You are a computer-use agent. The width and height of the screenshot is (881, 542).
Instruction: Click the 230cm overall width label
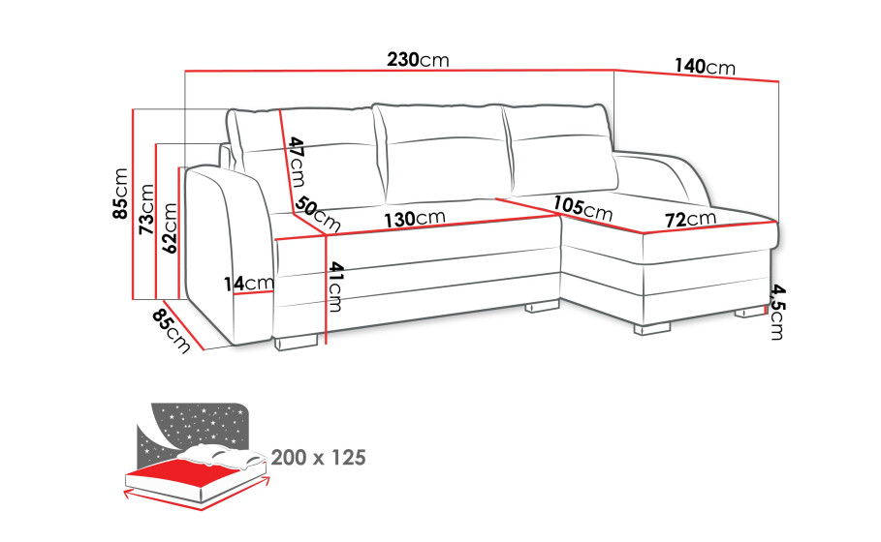(x=418, y=59)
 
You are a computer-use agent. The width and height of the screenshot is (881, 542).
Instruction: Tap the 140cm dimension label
(x=705, y=67)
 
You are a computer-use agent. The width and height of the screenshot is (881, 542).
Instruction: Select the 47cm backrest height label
(x=297, y=163)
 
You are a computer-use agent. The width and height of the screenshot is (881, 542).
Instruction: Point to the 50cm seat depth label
(x=318, y=214)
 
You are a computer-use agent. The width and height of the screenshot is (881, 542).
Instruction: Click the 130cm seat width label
(x=415, y=219)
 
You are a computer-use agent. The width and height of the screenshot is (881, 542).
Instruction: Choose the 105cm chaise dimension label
(x=582, y=208)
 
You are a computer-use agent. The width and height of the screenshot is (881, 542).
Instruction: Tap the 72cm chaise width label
(x=690, y=219)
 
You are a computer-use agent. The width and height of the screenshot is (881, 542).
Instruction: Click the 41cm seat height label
(x=335, y=286)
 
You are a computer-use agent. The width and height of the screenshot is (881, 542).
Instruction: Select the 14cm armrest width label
(x=248, y=284)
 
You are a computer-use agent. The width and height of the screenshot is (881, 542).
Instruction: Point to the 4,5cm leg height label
(x=777, y=312)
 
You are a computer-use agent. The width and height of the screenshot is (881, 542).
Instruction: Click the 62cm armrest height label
(x=169, y=227)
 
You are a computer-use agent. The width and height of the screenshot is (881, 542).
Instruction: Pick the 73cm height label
(x=146, y=209)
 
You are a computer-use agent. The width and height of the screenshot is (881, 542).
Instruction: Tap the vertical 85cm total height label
(x=120, y=194)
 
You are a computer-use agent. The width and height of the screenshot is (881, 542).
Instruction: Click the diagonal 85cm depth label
(x=171, y=331)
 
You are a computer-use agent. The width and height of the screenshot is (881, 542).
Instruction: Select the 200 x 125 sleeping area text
(x=319, y=458)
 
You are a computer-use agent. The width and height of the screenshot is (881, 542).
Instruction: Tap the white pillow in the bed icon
(x=222, y=455)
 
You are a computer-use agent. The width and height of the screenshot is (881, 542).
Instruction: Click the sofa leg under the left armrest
(x=296, y=342)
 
